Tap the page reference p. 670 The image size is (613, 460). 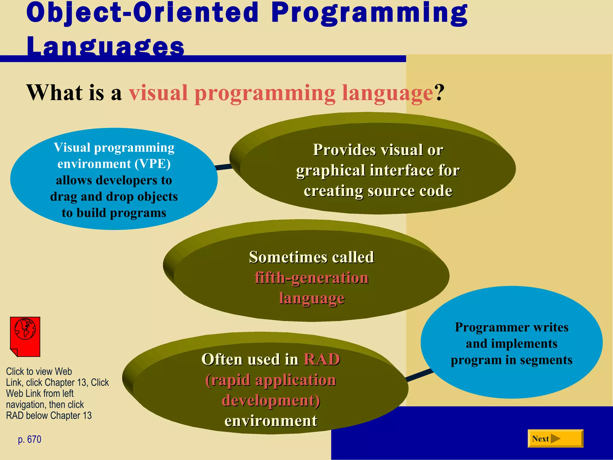[x=30, y=439]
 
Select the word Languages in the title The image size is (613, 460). [x=105, y=46]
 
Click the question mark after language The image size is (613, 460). [x=439, y=93]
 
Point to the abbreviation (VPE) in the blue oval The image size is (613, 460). [x=152, y=164]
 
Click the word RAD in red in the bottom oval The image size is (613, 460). [x=322, y=359]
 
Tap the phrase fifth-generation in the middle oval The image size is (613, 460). [x=311, y=278]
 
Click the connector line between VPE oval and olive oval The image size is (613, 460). [x=224, y=167]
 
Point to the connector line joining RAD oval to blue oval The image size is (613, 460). [x=419, y=375]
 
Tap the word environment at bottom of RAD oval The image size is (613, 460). [x=271, y=420]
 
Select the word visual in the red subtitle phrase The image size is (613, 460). [x=158, y=93]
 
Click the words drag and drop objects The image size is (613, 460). [x=114, y=196]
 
